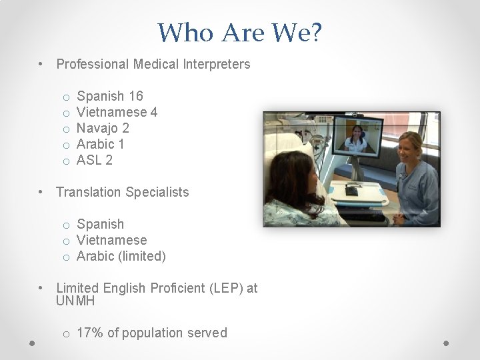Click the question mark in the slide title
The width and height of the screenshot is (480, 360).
pos(314,31)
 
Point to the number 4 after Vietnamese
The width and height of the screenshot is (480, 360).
pos(154,112)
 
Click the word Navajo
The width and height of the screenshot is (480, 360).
pos(97,128)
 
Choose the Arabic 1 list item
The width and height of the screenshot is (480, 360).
pos(101,144)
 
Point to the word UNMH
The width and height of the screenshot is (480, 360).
pos(75,301)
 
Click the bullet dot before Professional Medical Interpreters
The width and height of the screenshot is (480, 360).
pos(41,65)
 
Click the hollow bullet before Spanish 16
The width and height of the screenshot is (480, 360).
pos(67,97)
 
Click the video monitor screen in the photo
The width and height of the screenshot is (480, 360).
pos(359,139)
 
